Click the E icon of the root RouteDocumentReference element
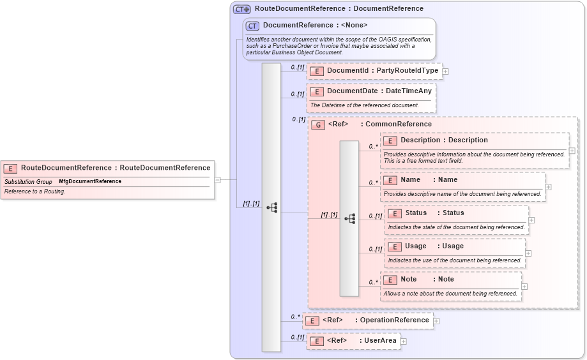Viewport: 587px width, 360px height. point(10,169)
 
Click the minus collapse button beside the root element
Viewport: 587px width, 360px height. point(217,180)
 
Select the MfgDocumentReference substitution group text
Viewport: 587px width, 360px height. point(90,182)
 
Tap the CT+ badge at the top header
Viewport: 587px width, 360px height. point(241,9)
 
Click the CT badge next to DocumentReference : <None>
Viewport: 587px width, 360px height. point(252,26)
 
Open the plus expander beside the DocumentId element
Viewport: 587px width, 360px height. point(445,71)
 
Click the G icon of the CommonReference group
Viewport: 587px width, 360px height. point(318,124)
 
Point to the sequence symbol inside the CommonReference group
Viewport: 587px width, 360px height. point(349,218)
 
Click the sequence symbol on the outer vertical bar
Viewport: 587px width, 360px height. point(271,207)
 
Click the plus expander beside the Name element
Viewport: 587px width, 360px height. point(548,187)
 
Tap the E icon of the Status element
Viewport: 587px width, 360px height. point(394,213)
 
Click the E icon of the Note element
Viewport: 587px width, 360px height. point(390,280)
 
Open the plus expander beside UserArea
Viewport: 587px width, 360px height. point(403,341)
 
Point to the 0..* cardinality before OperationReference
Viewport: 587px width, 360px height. point(295,316)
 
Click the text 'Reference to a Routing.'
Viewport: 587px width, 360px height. point(34,191)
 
